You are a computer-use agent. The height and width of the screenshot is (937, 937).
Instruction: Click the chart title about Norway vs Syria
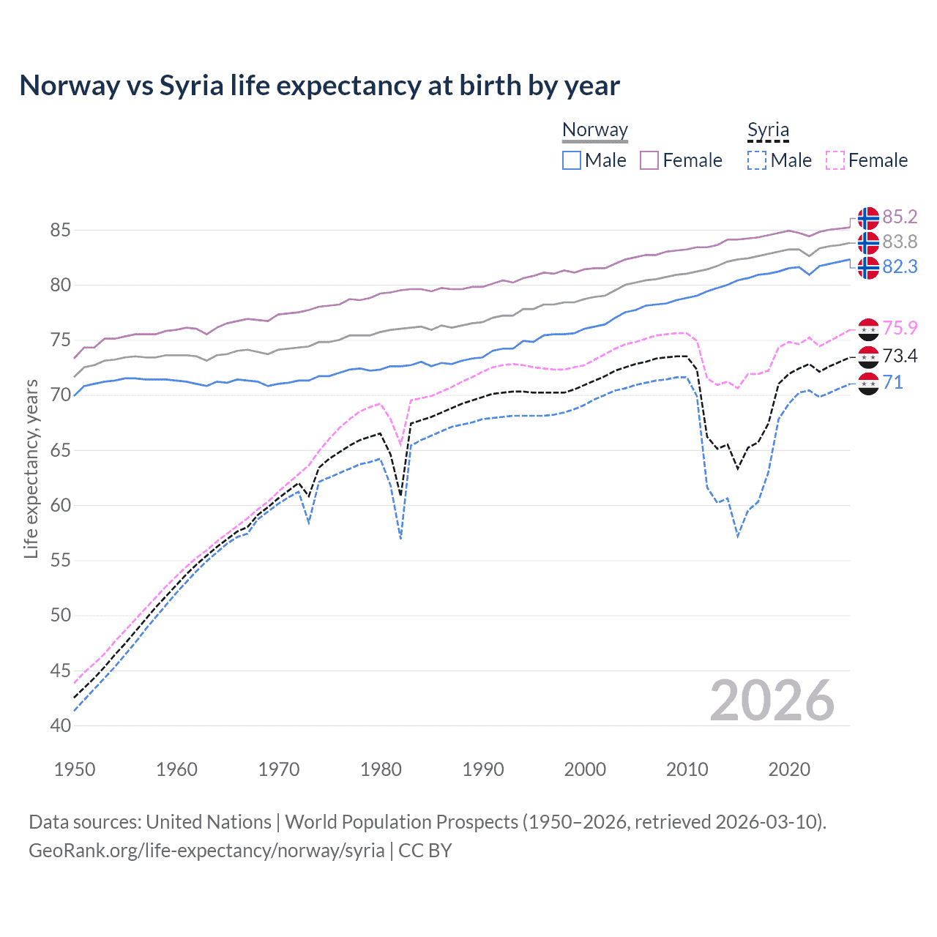point(319,86)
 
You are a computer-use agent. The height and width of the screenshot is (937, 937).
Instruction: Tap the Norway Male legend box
point(572,160)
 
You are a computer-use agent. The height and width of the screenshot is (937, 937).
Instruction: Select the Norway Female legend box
point(649,160)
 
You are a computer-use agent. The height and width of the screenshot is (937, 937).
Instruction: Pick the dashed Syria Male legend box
point(757,160)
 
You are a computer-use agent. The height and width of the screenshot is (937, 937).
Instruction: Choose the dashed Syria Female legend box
point(835,160)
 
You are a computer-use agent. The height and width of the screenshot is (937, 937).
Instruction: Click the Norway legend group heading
point(595,130)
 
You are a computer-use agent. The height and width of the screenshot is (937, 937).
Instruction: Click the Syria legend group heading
point(768,130)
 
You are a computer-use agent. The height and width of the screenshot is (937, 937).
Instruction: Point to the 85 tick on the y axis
point(60,231)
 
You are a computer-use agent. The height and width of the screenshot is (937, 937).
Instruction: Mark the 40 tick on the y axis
point(60,725)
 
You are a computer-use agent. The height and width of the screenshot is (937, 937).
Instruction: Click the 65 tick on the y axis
point(60,450)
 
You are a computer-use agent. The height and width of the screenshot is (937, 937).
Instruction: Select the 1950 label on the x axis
point(75,769)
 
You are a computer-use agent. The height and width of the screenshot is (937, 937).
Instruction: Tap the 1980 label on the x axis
point(381,769)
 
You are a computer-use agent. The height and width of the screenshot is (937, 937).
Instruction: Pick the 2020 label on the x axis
point(789,769)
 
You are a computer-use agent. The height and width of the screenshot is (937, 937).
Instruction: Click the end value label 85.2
point(900,217)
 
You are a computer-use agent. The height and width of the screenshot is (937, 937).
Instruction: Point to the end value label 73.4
point(900,356)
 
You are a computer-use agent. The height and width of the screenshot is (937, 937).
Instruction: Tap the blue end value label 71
point(892,382)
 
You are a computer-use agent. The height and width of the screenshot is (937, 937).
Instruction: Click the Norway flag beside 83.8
point(868,242)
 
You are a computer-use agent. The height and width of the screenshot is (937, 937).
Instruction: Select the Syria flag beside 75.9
point(868,329)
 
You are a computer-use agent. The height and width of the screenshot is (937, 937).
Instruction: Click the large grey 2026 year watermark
point(772,701)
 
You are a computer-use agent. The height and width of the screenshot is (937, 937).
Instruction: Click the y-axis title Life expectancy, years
point(31,468)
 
